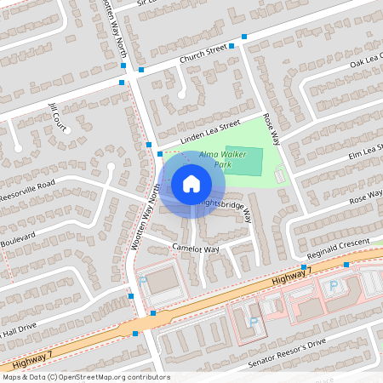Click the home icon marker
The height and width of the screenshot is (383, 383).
tap(191, 184)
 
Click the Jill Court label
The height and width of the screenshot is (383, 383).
tap(58, 117)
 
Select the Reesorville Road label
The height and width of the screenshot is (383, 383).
tap(26, 188)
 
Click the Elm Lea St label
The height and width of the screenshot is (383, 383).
tap(365, 151)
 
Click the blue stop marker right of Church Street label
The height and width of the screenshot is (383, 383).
tap(244, 37)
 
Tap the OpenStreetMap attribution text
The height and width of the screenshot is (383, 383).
tap(85, 377)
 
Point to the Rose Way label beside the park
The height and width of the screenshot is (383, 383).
tap(271, 129)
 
